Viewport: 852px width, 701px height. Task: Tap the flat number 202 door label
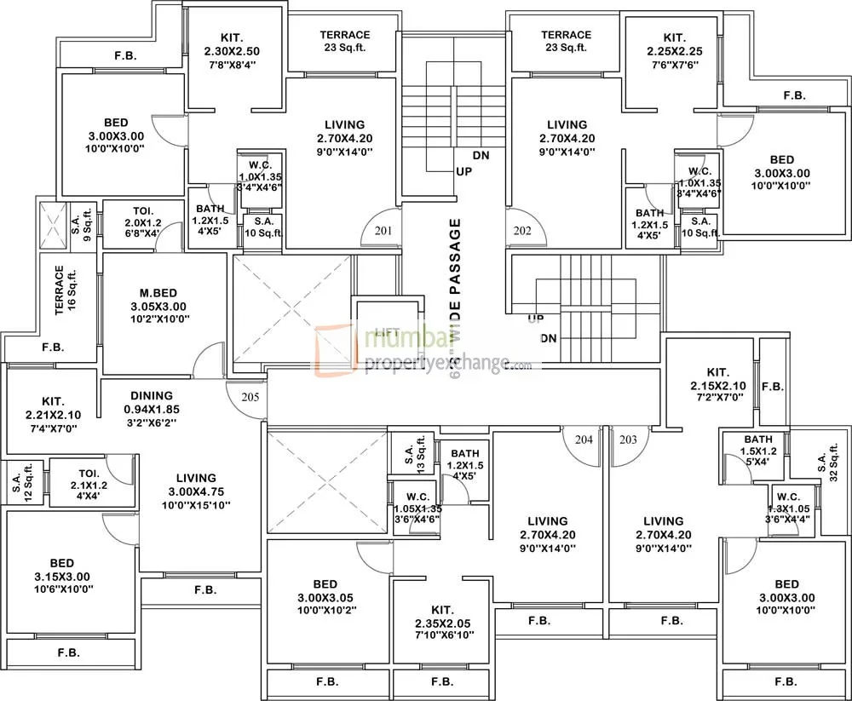pos(522,231)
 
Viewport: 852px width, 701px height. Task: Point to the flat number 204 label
pos(583,440)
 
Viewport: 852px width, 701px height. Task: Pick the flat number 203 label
pos(628,440)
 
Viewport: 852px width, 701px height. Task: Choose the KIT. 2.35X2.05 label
pos(441,622)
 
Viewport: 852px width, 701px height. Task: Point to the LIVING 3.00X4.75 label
pos(196,491)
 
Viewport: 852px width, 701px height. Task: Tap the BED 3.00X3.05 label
pos(325,597)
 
